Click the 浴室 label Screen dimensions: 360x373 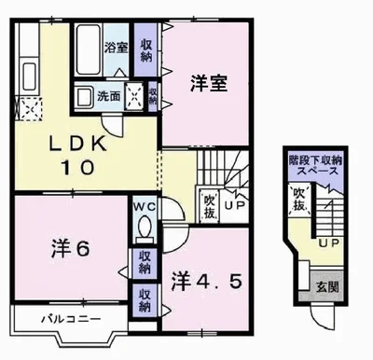tap(116, 47)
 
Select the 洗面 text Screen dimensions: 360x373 tap(109, 95)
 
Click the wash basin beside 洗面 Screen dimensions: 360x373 tap(84, 95)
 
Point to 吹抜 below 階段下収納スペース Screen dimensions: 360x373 tap(299, 198)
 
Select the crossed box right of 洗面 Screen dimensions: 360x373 tap(134, 95)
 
